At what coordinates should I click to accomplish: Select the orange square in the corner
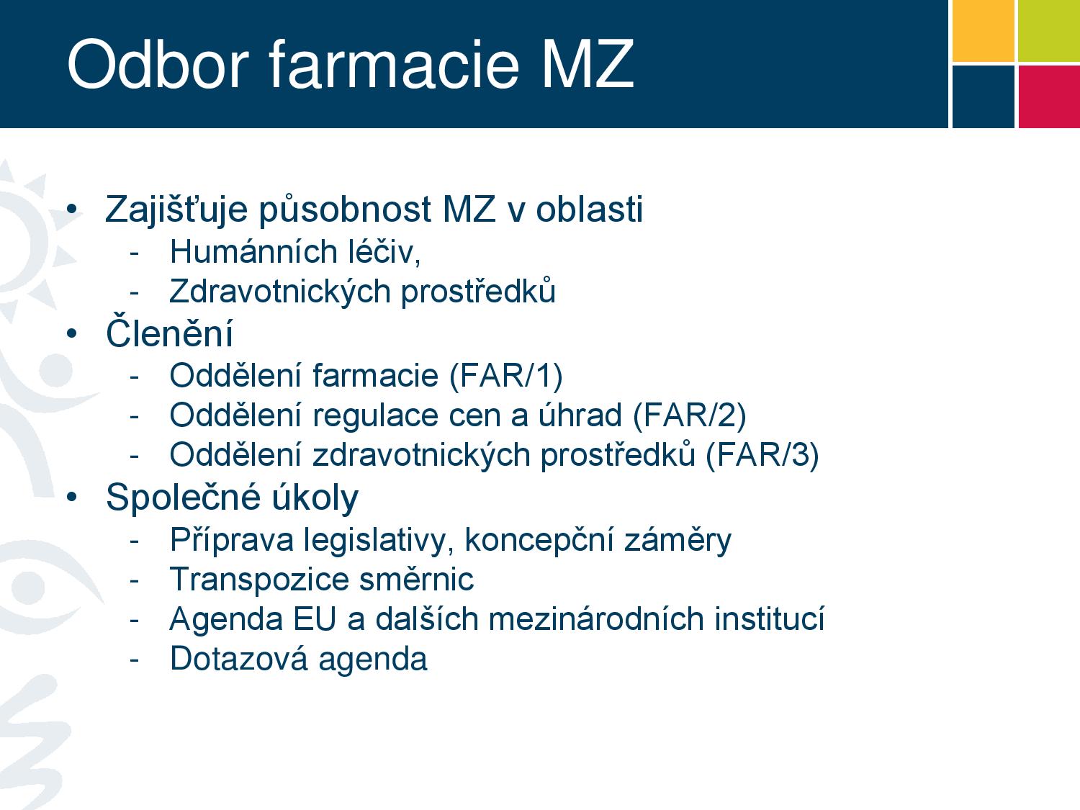click(984, 31)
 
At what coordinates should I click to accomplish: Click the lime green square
click(1049, 31)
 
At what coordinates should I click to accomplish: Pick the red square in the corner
click(1049, 97)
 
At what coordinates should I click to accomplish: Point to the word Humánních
click(253, 252)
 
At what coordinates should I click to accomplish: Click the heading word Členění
click(169, 332)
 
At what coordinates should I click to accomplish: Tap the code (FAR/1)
click(506, 377)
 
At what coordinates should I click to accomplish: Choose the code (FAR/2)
click(689, 416)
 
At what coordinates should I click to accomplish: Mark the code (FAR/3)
click(762, 456)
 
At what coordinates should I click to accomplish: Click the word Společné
click(183, 498)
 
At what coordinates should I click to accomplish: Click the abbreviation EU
click(315, 618)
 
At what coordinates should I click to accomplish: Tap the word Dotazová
click(238, 659)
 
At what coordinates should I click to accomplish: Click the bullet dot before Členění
click(72, 334)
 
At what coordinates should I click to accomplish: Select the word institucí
click(770, 618)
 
